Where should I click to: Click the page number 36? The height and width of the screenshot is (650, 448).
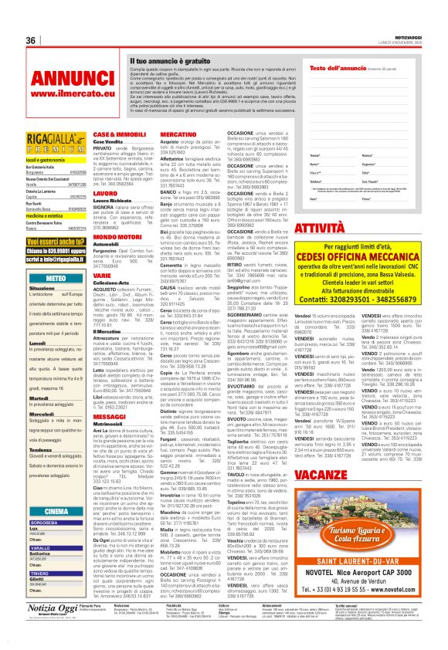(x=32, y=40)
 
